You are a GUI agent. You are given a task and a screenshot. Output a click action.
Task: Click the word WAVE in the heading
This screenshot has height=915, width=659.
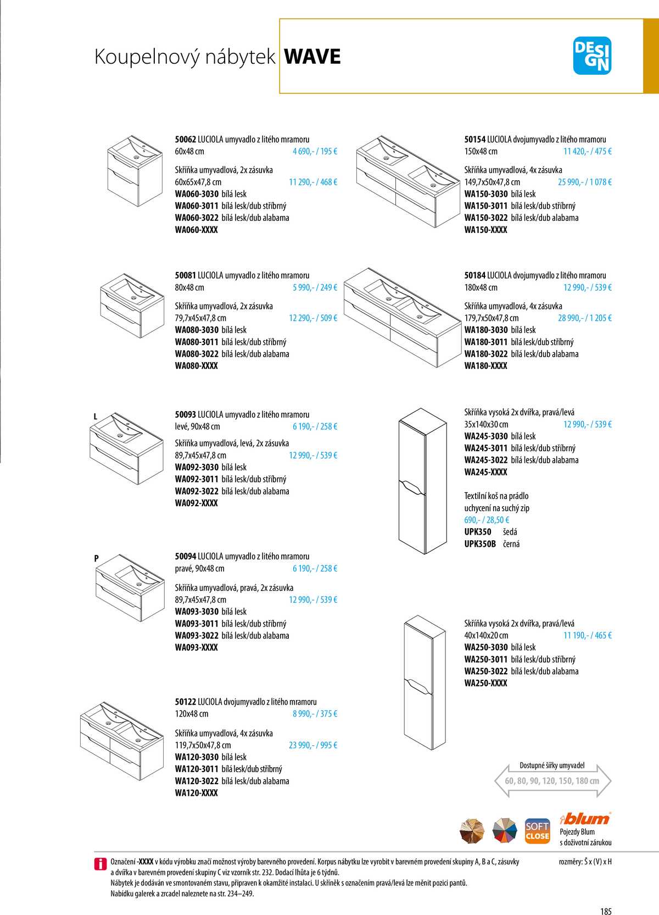312,57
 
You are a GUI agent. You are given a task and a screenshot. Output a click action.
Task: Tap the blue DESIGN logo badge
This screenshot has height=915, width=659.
591,56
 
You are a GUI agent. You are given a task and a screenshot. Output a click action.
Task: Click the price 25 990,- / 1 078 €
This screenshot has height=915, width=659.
584,182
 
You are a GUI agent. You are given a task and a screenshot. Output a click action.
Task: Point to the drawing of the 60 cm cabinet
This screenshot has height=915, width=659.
135,170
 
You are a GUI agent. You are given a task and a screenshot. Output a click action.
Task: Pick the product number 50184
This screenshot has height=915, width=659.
474,275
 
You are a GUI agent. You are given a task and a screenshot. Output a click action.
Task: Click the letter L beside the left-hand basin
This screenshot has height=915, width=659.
96,417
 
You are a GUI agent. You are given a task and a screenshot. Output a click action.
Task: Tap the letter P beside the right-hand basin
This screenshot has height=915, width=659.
96,558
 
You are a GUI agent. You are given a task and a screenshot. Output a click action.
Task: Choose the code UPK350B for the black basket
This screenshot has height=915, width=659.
480,544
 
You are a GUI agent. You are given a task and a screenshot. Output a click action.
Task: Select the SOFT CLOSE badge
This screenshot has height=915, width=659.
537,831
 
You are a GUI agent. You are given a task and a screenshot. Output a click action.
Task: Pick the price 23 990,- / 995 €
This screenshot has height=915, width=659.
312,745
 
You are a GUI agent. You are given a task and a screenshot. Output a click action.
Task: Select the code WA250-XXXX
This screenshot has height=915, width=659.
485,683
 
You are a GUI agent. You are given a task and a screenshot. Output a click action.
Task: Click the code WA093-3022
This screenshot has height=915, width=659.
197,635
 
